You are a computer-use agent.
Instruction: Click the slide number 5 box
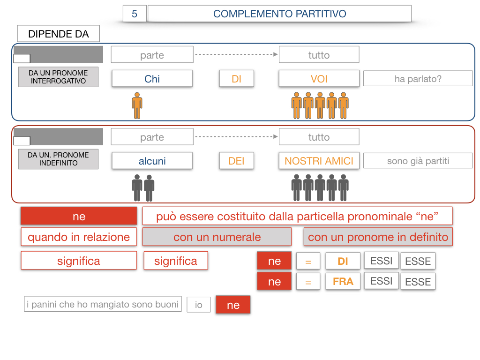pyautogui.click(x=135, y=14)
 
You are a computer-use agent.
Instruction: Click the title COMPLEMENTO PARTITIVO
pyautogui.click(x=279, y=14)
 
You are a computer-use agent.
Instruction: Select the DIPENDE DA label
pyautogui.click(x=58, y=34)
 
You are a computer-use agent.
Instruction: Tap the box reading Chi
pyautogui.click(x=152, y=79)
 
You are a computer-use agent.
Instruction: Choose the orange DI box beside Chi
pyautogui.click(x=236, y=79)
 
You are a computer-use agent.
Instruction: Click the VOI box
pyautogui.click(x=319, y=79)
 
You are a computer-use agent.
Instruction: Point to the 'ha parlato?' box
pyautogui.click(x=418, y=79)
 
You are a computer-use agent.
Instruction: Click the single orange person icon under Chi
pyautogui.click(x=137, y=105)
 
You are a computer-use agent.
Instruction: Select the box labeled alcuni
pyautogui.click(x=152, y=161)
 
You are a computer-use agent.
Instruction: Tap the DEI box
pyautogui.click(x=236, y=161)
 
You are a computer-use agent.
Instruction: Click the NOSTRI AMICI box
pyautogui.click(x=319, y=161)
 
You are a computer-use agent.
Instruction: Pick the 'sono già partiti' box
pyautogui.click(x=418, y=161)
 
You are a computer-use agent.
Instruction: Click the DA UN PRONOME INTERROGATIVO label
pyautogui.click(x=58, y=77)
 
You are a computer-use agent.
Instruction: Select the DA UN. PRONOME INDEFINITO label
pyautogui.click(x=58, y=159)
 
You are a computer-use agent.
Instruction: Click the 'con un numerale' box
pyautogui.click(x=217, y=237)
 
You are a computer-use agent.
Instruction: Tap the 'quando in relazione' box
pyautogui.click(x=79, y=237)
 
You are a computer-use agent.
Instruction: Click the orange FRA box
pyautogui.click(x=343, y=282)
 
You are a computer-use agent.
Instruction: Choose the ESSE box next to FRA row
pyautogui.click(x=418, y=282)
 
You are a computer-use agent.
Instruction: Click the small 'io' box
pyautogui.click(x=199, y=305)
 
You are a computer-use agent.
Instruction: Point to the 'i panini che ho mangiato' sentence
pyautogui.click(x=103, y=304)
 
